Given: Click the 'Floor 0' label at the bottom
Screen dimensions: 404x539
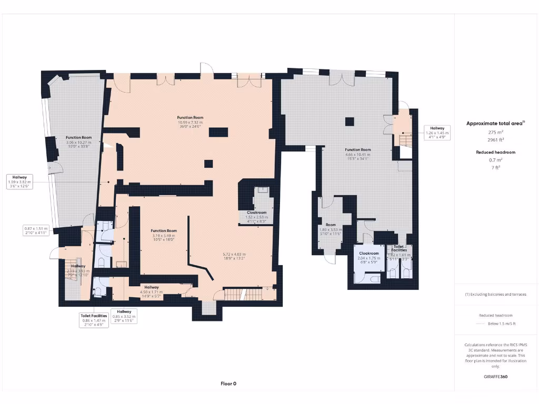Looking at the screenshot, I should coord(228,383).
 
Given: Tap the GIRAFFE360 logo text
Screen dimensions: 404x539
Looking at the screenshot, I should coord(496,377).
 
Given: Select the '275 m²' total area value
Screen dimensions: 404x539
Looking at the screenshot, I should coord(495,133).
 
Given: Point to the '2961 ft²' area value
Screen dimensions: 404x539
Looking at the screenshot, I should coord(495,140).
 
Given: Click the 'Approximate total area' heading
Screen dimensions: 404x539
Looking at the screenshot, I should coord(495,124).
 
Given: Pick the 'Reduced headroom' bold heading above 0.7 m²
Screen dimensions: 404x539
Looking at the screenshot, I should coord(495,152).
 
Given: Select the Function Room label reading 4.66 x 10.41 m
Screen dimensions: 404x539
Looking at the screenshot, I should coord(358,154).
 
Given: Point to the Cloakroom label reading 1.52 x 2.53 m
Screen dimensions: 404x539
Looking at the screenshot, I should coord(256,217).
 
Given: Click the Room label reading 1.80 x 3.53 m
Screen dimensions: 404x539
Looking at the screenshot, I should coord(331,229).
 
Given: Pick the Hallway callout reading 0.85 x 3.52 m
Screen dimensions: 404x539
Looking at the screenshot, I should coord(124,316).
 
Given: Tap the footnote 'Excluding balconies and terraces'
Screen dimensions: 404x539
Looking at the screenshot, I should coord(495,294).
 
